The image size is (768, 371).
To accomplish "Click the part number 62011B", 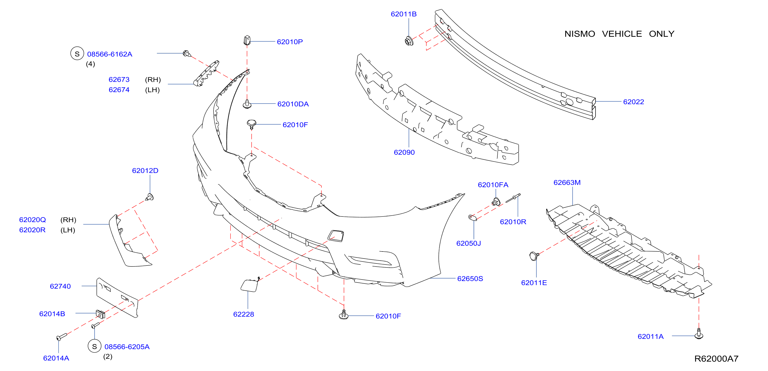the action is [x=404, y=14].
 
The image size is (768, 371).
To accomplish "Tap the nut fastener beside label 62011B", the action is [x=409, y=40].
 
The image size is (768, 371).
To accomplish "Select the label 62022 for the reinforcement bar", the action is [x=634, y=102].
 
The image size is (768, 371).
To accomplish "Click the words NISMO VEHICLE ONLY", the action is [x=619, y=34].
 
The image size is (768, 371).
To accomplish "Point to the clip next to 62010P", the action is [x=247, y=40].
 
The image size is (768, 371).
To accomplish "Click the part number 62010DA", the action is [x=293, y=104].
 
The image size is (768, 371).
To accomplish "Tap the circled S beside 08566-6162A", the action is [x=77, y=53].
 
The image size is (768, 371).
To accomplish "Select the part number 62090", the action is [x=404, y=152].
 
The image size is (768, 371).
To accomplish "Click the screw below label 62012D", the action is [x=149, y=197].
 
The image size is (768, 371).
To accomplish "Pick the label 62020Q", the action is [x=33, y=220].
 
